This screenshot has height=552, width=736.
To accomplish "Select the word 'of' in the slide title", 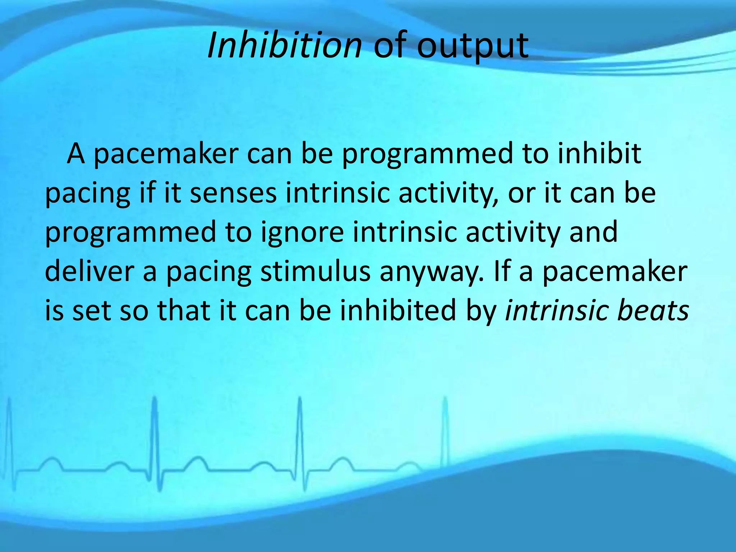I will pos(390,46).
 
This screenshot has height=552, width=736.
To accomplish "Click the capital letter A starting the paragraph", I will pos(76,154).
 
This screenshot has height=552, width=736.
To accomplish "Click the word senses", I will pos(233,193).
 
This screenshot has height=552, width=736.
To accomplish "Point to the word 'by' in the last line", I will pos(482,311).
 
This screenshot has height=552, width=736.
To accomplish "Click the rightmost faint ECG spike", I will pos(446,431).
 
